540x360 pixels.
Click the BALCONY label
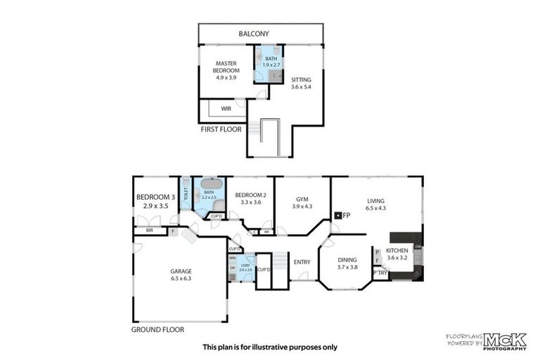[254, 34]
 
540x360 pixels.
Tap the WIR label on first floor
[226, 109]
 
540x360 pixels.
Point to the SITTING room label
[301, 84]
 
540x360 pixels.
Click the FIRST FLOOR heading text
[221, 129]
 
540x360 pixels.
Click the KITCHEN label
[397, 254]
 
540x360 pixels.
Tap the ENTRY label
[302, 262]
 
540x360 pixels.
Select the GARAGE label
[181, 274]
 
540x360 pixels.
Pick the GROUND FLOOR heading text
[157, 328]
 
